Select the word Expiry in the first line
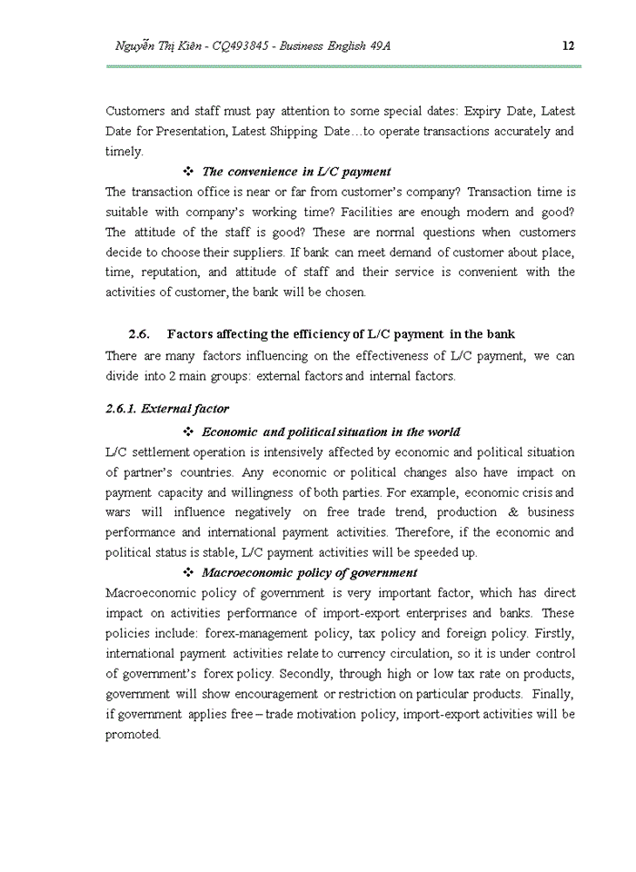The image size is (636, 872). [482, 112]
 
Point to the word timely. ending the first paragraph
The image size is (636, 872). [124, 152]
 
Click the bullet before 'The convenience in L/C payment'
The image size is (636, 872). [188, 172]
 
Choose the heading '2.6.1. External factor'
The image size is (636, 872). [167, 409]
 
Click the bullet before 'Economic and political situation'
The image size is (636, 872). [188, 432]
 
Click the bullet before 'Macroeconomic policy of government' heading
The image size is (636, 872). [188, 573]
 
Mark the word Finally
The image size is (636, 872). [554, 693]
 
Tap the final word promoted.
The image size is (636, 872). [133, 734]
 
